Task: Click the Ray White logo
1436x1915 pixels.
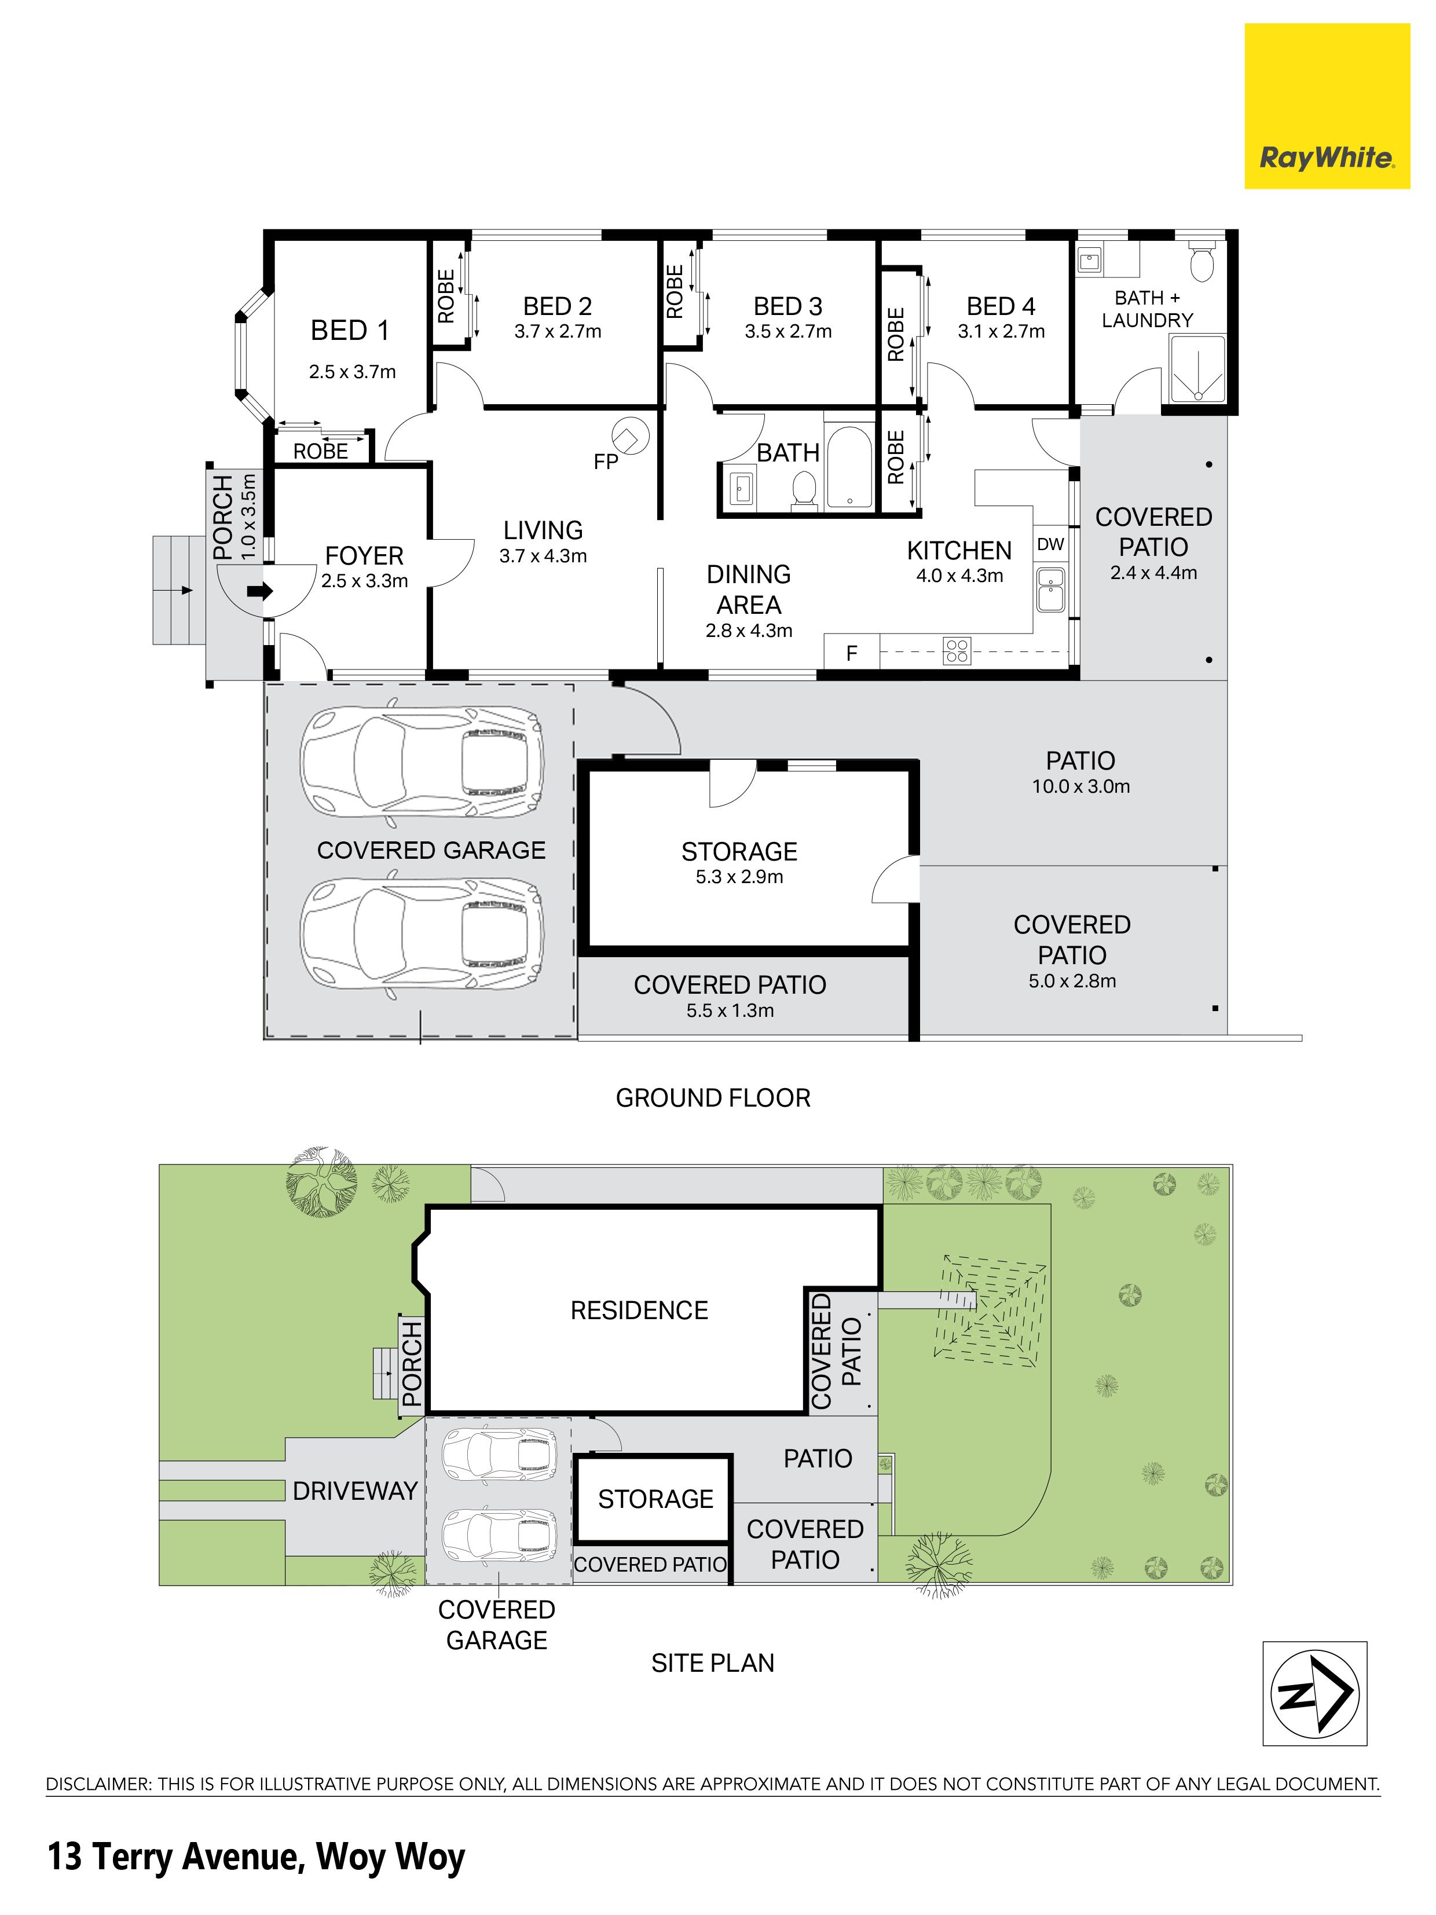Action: tap(1327, 107)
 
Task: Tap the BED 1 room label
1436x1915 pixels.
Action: tap(350, 330)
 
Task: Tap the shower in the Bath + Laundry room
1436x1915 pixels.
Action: tap(1198, 369)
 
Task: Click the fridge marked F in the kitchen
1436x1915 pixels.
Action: tap(852, 652)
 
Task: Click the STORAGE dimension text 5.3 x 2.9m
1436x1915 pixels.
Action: tap(739, 877)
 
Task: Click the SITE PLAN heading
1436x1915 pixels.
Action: tap(712, 1663)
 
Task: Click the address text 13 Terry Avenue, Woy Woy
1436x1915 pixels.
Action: tap(256, 1858)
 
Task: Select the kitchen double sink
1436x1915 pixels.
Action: tap(1051, 589)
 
